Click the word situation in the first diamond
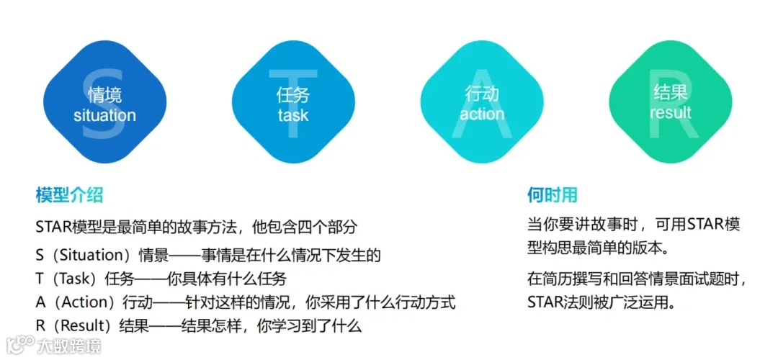[x=104, y=115]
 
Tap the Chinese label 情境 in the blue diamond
[x=104, y=95]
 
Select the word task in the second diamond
[x=292, y=115]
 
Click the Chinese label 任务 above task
[x=292, y=95]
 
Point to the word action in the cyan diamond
[x=482, y=114]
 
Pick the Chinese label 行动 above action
[x=482, y=94]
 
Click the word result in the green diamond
[x=671, y=113]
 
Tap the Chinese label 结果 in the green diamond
[x=671, y=92]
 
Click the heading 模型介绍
[x=69, y=194]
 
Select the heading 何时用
[x=552, y=194]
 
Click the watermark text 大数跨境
[x=71, y=346]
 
